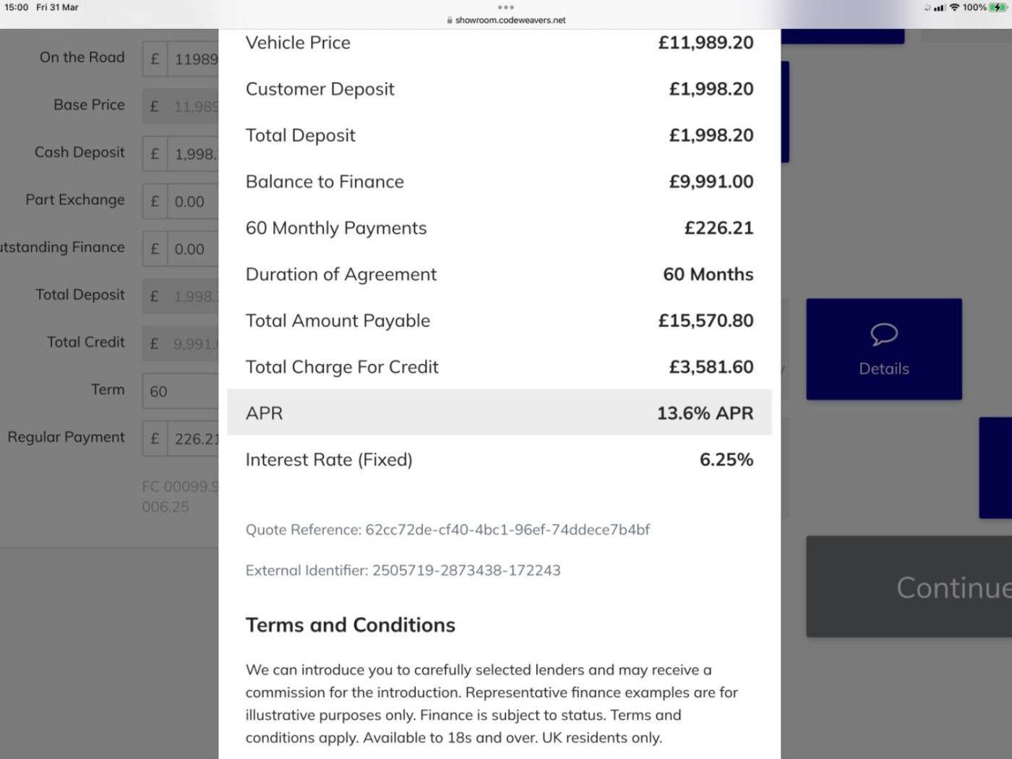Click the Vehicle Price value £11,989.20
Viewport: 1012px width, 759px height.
[x=706, y=43]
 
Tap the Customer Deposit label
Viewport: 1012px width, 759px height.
[x=320, y=89]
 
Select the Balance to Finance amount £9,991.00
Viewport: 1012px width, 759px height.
[x=711, y=182]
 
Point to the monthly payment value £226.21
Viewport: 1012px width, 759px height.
[x=719, y=228]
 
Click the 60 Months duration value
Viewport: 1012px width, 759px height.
[x=708, y=274]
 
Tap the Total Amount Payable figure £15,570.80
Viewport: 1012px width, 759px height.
[x=706, y=321]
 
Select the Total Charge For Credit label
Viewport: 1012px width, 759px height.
[x=342, y=367]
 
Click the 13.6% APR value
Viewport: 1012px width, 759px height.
[x=705, y=413]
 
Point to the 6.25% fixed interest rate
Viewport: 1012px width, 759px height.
[x=726, y=459]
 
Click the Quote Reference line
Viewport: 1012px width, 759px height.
[x=447, y=530]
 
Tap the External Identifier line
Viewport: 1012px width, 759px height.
[x=403, y=570]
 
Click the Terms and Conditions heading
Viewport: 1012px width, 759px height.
[x=351, y=625]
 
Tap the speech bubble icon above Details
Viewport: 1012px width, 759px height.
[x=883, y=334]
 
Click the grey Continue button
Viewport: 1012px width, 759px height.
[x=909, y=587]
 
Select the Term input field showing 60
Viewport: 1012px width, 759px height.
[x=181, y=391]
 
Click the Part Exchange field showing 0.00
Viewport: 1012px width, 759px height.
[x=192, y=202]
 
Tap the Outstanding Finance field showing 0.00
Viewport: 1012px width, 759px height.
[x=192, y=250]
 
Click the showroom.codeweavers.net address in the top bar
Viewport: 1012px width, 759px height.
[x=510, y=20]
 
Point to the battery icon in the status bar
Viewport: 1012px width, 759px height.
[x=998, y=7]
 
